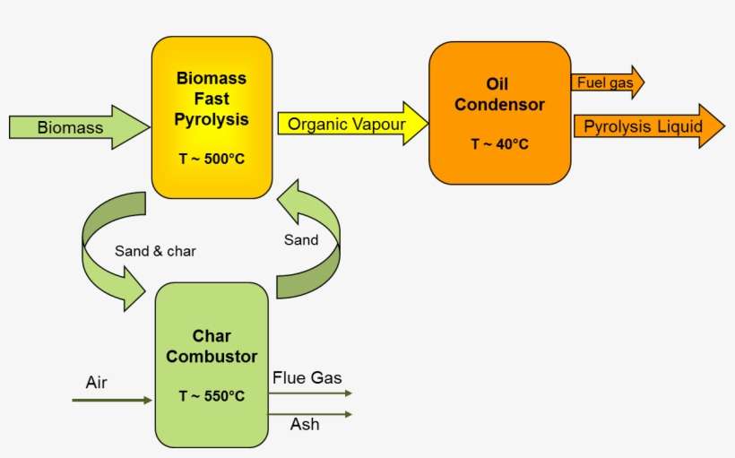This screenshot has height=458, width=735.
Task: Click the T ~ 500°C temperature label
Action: [212, 160]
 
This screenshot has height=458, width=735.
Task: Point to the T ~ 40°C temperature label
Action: [499, 143]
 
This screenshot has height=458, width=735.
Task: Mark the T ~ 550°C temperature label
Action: [212, 395]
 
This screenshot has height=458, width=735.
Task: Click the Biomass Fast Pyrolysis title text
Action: [212, 99]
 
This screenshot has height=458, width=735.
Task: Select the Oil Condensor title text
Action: [499, 94]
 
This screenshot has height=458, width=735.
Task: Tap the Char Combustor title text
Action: [212, 345]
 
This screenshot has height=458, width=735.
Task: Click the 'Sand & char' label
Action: [155, 251]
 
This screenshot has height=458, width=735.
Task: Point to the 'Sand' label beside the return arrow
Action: [301, 239]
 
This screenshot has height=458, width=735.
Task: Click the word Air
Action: [97, 383]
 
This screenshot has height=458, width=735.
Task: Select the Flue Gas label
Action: [307, 378]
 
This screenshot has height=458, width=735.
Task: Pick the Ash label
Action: [305, 424]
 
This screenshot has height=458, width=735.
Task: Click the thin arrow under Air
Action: [112, 400]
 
